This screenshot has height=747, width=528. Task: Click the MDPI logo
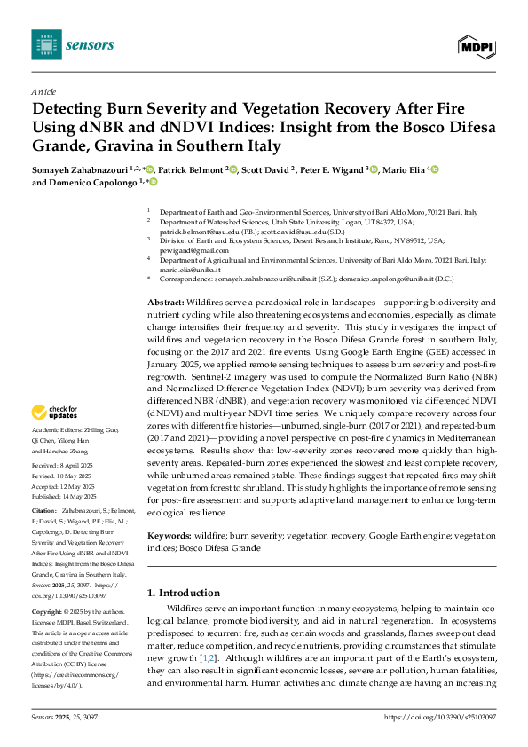click(x=476, y=45)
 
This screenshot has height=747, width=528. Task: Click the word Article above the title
click(x=43, y=91)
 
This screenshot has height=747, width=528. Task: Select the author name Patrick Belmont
click(x=189, y=169)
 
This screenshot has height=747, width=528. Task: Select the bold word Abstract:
click(x=165, y=303)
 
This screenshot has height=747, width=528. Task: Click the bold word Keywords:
click(x=169, y=537)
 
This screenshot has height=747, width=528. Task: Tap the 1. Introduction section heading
click(x=184, y=593)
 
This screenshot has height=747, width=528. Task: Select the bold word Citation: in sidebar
click(x=44, y=512)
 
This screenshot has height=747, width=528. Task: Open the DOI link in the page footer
click(x=439, y=716)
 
